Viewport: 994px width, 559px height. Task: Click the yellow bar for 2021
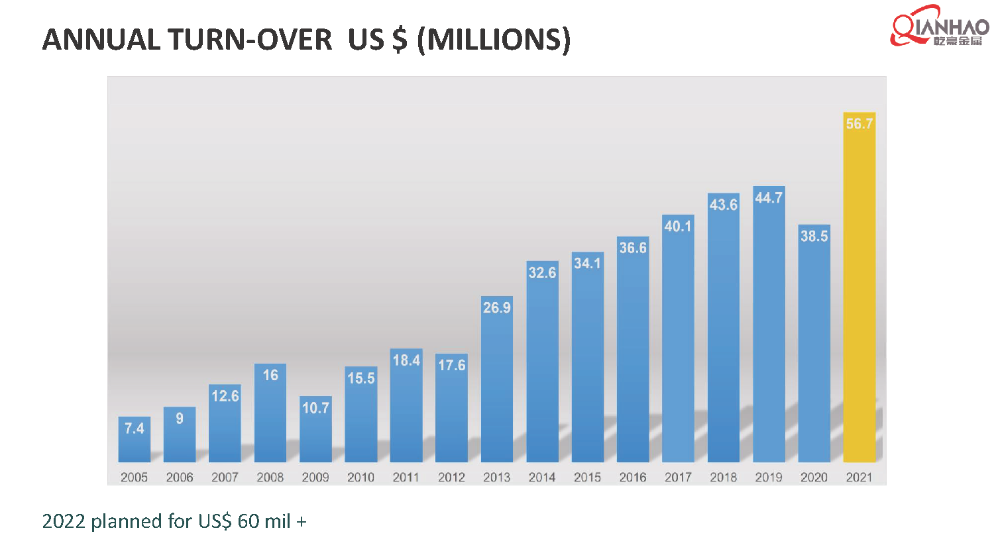859,291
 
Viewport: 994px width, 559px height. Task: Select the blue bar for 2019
769,331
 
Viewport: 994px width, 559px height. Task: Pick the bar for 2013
497,384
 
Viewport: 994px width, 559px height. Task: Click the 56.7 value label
859,124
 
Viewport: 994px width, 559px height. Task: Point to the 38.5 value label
814,236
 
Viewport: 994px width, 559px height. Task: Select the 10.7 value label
315,408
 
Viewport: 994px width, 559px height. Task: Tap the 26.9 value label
497,308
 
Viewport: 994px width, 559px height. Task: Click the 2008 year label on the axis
270,478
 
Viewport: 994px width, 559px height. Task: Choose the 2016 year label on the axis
633,478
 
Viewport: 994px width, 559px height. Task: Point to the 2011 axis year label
406,478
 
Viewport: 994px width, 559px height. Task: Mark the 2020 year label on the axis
814,478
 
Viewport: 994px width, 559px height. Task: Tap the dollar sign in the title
399,40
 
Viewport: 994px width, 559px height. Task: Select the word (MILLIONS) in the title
494,40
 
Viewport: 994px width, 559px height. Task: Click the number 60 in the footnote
248,522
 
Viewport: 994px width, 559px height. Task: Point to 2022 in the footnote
64,522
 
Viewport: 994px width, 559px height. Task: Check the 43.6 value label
723,205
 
